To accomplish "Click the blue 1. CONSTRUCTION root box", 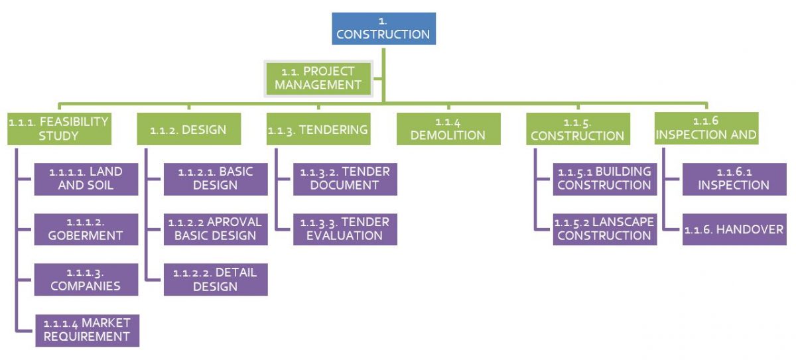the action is [384, 29].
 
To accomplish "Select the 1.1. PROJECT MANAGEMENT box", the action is [318, 78].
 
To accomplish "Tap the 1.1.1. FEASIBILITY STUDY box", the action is [59, 129].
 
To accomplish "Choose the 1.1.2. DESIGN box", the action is [189, 129].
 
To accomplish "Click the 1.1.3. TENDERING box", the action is [318, 129].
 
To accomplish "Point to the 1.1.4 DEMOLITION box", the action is [448, 129].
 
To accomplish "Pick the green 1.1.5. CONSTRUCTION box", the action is [578, 129].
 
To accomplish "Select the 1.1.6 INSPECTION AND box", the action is [706, 128].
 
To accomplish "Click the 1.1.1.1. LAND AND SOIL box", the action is [86, 179].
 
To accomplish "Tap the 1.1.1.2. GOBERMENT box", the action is [86, 229].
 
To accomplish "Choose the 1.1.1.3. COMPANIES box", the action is [86, 279].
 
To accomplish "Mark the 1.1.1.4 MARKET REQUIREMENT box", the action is [88, 331].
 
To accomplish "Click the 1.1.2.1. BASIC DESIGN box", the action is [216, 179].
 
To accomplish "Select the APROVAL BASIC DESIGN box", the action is [216, 229].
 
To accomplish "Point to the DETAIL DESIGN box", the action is [216, 279].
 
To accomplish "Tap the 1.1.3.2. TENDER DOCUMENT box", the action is [345, 179].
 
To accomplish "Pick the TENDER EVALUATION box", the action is [345, 229].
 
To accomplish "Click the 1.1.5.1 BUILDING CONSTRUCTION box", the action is [605, 179].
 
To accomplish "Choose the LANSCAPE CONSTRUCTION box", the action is [605, 229].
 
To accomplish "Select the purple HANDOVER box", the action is [734, 229].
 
